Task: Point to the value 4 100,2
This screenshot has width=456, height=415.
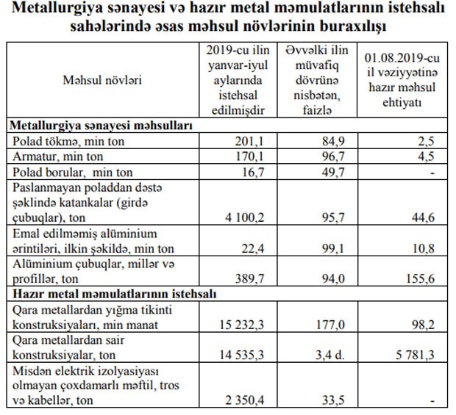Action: (243, 218)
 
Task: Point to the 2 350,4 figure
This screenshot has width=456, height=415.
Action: (243, 401)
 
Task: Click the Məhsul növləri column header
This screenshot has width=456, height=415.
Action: (102, 79)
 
